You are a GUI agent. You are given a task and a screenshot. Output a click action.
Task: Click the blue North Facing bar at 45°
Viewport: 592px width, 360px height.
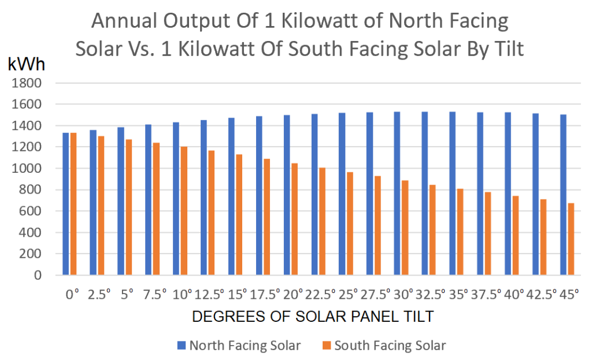click(563, 195)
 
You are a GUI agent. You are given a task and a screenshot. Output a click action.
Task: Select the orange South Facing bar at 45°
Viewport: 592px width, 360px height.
click(571, 239)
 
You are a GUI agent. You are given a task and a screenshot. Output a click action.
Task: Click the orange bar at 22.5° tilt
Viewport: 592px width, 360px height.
click(321, 221)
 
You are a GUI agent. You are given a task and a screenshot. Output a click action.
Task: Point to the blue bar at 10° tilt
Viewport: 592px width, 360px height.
click(176, 199)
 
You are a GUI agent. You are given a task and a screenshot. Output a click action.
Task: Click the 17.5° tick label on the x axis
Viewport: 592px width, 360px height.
click(264, 295)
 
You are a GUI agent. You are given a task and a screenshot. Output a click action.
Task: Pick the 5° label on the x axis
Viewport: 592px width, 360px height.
click(125, 295)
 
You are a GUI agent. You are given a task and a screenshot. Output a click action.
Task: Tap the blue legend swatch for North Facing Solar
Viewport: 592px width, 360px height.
click(181, 346)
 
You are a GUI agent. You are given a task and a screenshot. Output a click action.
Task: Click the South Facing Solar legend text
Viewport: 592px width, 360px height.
click(390, 346)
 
